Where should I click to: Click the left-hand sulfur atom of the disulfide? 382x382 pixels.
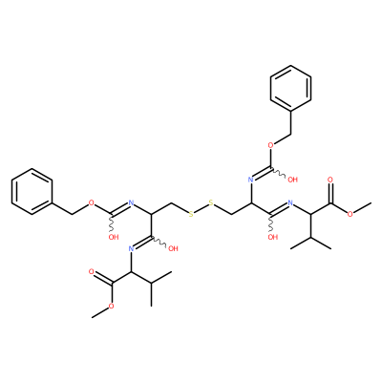191,214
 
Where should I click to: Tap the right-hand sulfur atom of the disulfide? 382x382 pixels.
210,202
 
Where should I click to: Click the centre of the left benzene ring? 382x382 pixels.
32,191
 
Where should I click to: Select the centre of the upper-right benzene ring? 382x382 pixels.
290,88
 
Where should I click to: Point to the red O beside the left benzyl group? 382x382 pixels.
92,202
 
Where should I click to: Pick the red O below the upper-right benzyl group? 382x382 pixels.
271,145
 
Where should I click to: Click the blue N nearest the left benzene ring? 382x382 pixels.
132,202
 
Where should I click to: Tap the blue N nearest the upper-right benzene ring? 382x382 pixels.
250,180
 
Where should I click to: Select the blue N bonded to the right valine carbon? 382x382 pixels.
290,202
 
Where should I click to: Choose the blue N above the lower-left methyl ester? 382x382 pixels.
131,248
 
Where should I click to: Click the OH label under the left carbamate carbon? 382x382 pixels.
114,237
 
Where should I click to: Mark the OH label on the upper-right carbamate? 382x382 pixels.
292,180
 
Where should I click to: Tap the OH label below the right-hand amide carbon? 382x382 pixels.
273,237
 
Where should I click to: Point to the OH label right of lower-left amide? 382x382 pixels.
173,248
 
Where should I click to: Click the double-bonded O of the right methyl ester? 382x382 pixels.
330,180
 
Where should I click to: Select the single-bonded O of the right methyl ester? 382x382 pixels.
350,214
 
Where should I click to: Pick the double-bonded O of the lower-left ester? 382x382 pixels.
92,271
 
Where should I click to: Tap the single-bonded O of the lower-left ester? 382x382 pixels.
112,306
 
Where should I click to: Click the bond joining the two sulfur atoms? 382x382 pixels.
201,208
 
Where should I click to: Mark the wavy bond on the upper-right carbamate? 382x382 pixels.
279,173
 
